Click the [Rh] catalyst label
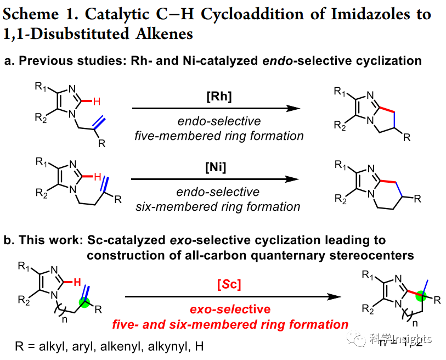[219, 97]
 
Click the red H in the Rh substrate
[97, 101]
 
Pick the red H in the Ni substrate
[97, 177]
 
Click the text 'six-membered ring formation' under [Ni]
[218, 206]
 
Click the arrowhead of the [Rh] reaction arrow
[296, 109]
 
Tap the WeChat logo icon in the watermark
[359, 341]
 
